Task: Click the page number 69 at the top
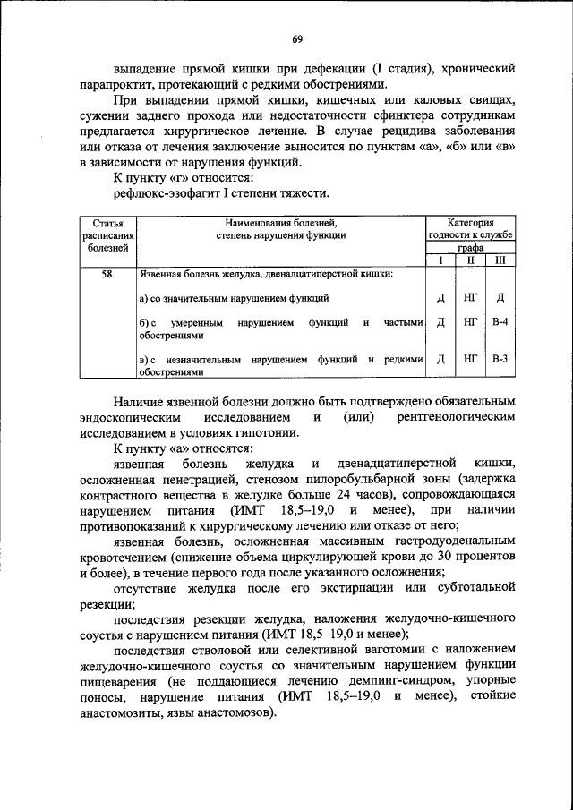coord(297,39)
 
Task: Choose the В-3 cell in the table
coord(500,359)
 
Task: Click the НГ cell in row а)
coord(470,298)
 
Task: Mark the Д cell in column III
coord(500,298)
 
